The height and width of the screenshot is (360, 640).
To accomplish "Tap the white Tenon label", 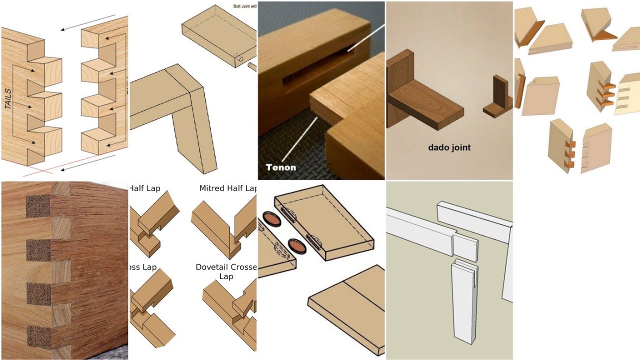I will [281, 167].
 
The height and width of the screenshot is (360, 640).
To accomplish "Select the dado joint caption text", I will [449, 147].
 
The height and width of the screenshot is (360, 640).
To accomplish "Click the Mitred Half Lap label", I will [228, 188].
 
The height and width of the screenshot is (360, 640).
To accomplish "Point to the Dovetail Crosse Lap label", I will [226, 271].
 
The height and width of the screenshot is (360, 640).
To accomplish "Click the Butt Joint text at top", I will [244, 6].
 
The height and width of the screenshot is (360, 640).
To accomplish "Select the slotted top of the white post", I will [464, 270].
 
